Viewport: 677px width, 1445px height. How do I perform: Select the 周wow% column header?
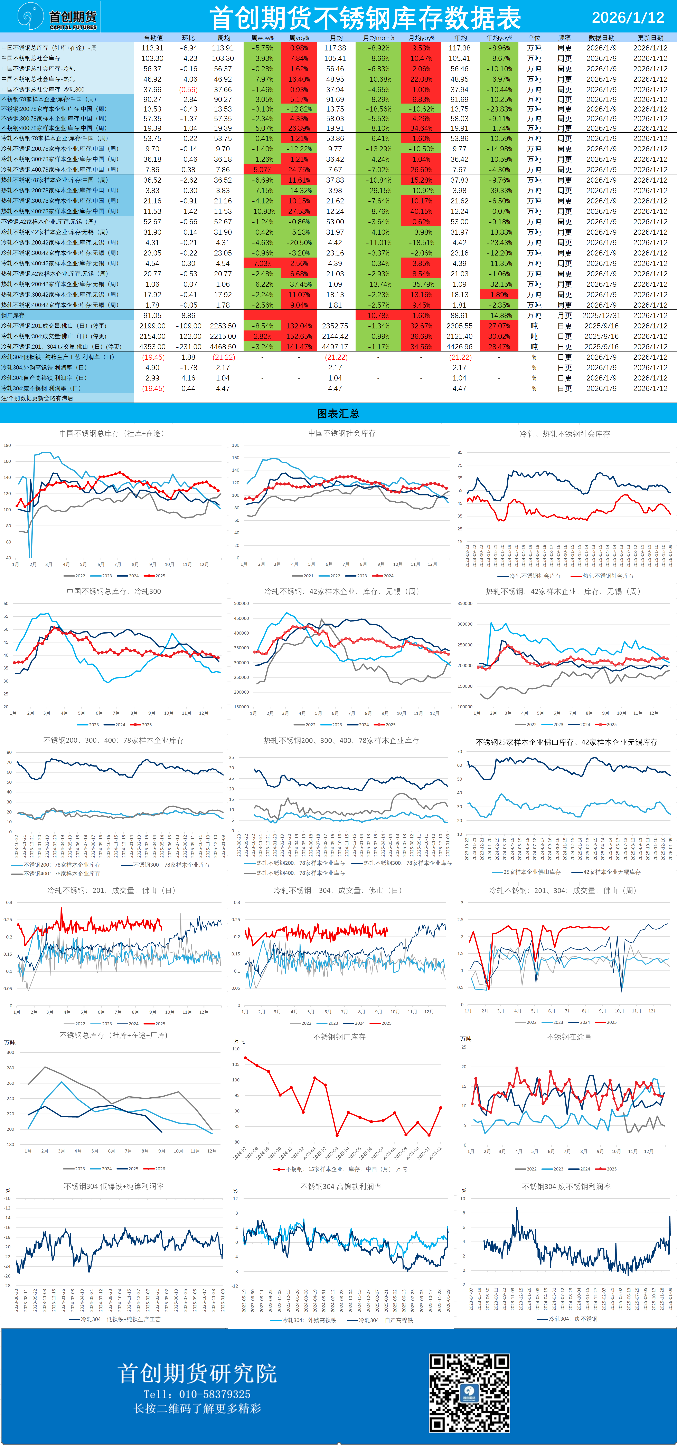click(x=262, y=38)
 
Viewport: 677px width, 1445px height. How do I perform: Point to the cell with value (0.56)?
click(x=188, y=90)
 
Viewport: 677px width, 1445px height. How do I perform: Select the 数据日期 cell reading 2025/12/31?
click(x=601, y=315)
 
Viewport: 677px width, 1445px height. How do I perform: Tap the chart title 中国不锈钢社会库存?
click(x=342, y=433)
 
